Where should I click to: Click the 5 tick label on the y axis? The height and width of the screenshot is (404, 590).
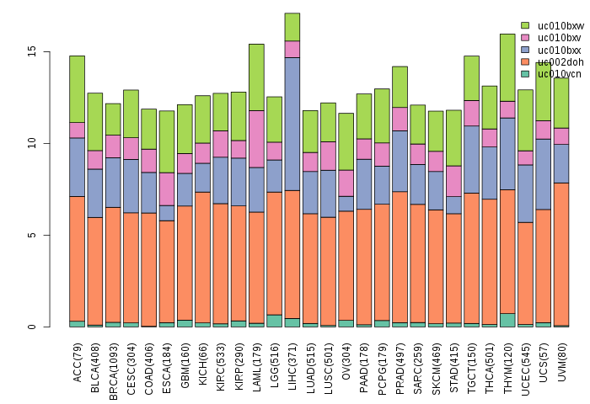click(x=32, y=235)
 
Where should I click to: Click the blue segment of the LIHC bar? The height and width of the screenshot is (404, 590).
click(x=292, y=124)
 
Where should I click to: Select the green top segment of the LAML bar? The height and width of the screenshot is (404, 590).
click(x=256, y=77)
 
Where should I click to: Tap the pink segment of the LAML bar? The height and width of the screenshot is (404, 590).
click(x=256, y=139)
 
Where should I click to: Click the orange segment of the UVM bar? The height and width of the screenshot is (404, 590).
click(x=560, y=253)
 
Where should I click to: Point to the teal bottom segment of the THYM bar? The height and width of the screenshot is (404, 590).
click(x=507, y=320)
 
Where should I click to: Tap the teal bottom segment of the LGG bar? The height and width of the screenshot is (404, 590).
click(x=275, y=321)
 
